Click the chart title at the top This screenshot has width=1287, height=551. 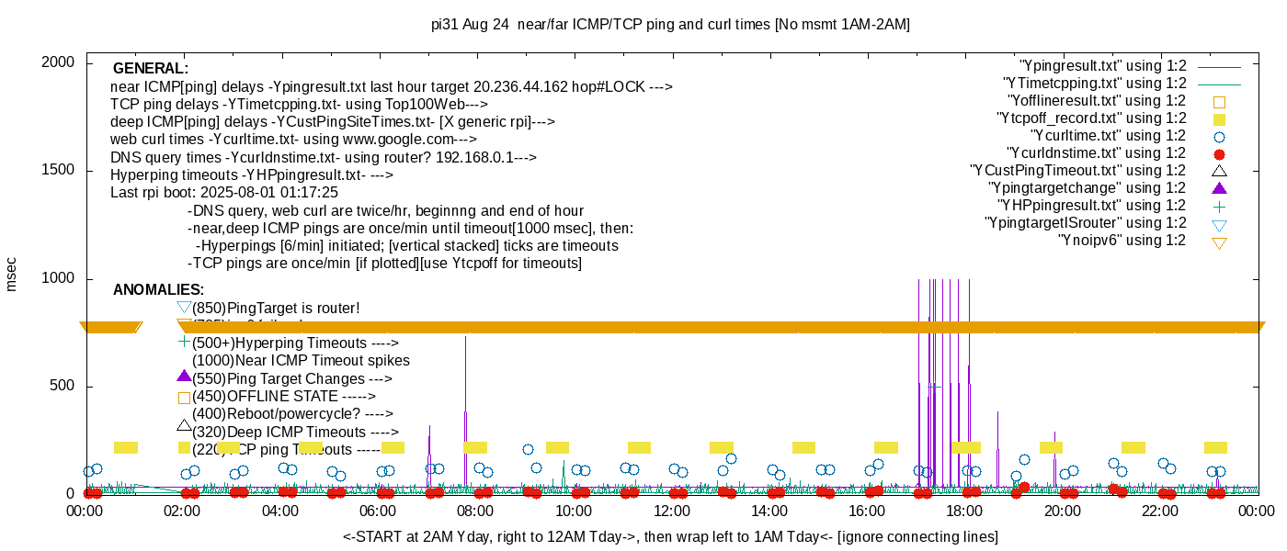click(x=670, y=24)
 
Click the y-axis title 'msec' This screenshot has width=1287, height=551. click(x=12, y=273)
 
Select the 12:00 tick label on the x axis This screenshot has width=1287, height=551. click(x=671, y=512)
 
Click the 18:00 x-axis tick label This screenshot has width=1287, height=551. click(x=964, y=512)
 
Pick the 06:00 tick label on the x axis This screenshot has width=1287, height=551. click(x=378, y=512)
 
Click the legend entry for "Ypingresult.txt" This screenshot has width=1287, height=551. click(x=1103, y=66)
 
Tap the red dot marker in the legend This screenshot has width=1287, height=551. click(x=1220, y=154)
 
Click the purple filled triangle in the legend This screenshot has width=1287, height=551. click(x=1220, y=188)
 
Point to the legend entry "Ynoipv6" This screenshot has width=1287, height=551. click(x=1122, y=241)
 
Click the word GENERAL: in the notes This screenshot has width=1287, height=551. click(x=151, y=69)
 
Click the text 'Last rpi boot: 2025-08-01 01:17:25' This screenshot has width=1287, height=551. click(x=224, y=193)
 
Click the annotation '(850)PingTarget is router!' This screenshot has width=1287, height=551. click(x=275, y=309)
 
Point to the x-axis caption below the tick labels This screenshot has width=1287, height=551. click(x=670, y=536)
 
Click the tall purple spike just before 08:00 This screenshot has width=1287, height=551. click(x=465, y=386)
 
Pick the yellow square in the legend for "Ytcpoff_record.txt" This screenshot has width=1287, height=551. click(x=1220, y=119)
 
